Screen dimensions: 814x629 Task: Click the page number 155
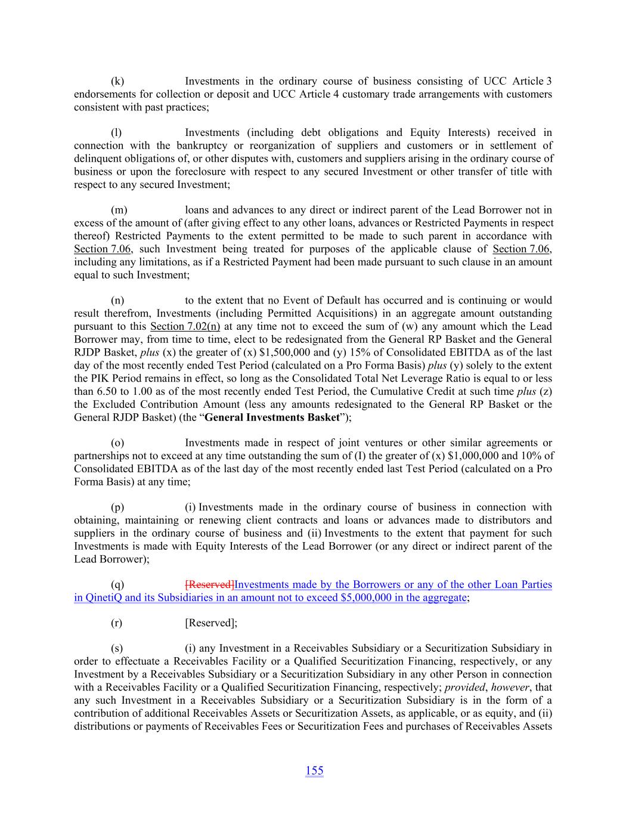(314, 770)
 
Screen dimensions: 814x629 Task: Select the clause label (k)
(117, 81)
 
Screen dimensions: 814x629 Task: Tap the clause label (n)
(117, 300)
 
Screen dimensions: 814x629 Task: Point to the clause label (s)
(117, 648)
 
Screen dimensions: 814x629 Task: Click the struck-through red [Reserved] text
(209, 585)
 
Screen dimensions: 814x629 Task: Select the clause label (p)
(117, 507)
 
